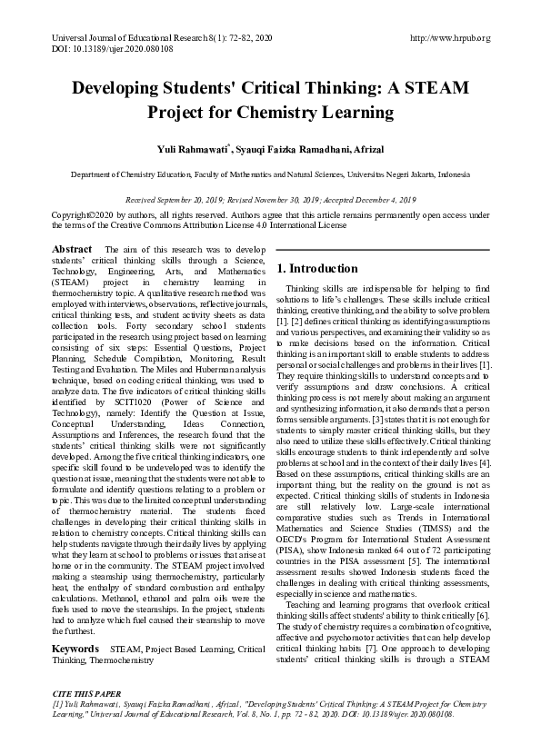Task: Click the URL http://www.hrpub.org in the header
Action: pyautogui.click(x=451, y=37)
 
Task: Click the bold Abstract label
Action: pyautogui.click(x=72, y=249)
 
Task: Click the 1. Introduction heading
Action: pyautogui.click(x=317, y=269)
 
